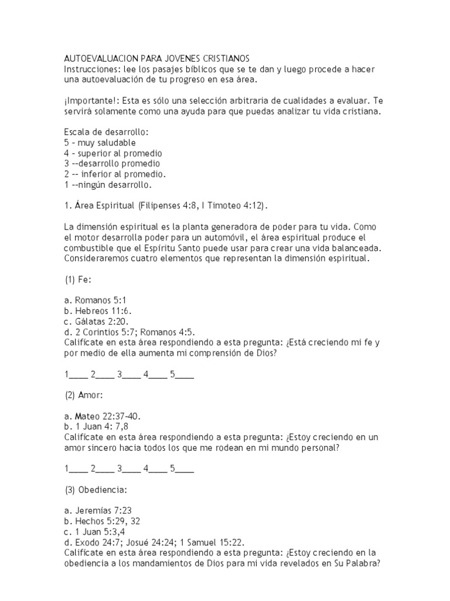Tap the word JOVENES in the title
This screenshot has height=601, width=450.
[180, 59]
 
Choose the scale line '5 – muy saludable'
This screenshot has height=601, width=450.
[100, 143]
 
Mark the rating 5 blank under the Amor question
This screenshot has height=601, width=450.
[183, 470]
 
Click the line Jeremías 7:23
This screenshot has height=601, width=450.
[100, 511]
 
